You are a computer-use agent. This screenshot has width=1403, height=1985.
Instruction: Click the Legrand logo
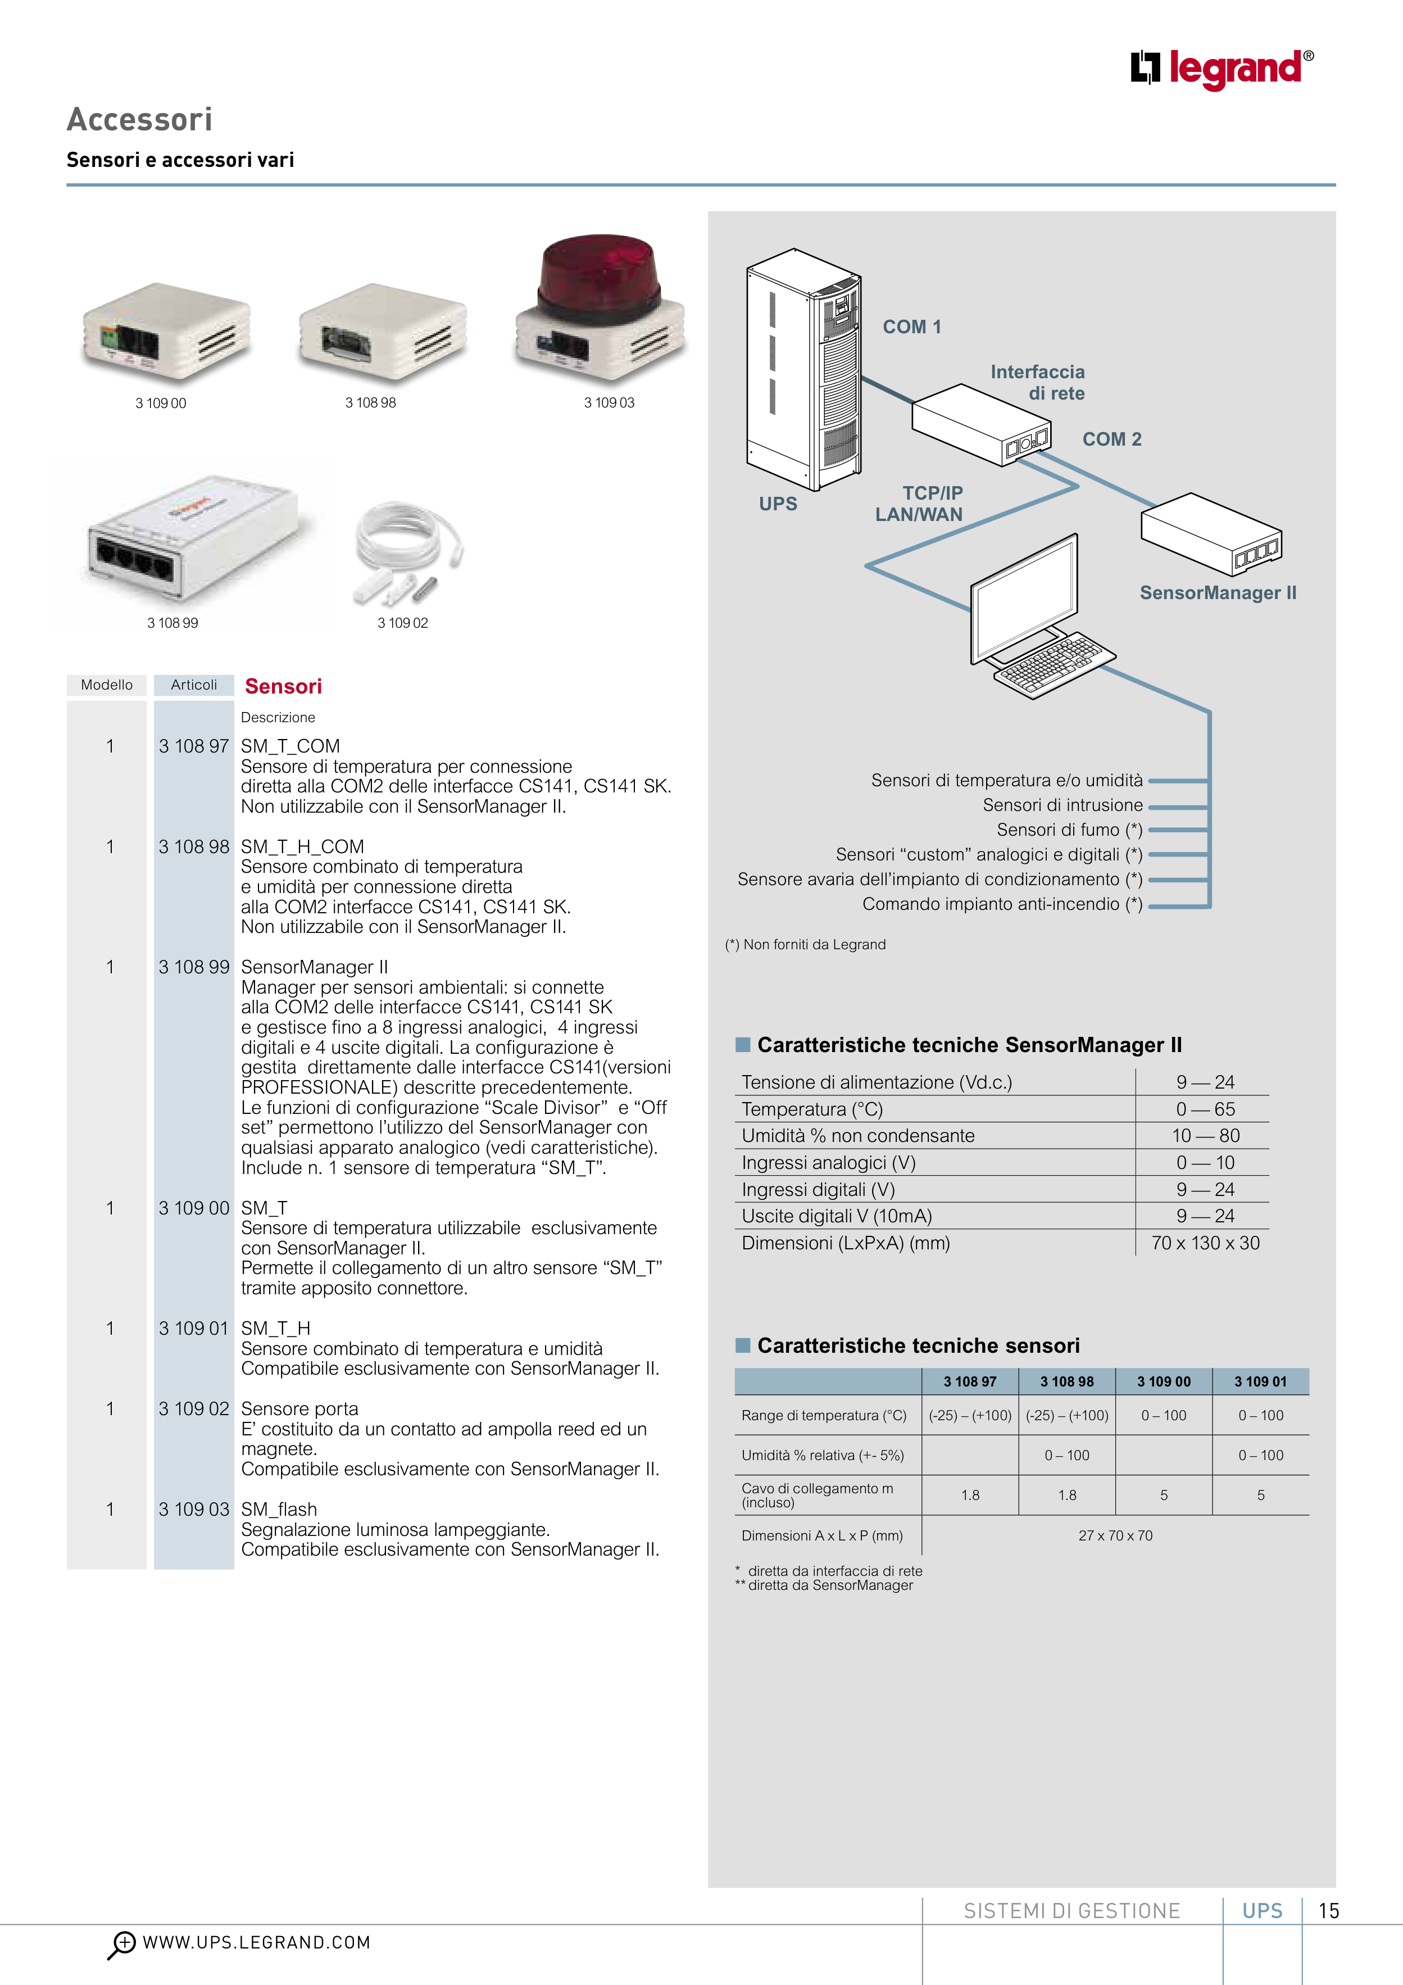coord(1220,69)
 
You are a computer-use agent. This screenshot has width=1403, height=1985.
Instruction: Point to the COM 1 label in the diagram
coord(911,327)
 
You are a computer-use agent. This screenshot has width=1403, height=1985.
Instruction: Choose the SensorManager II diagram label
coord(1217,593)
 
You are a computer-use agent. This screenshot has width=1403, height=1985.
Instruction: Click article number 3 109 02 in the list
coord(194,1408)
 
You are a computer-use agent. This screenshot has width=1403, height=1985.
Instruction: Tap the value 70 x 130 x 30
coord(1205,1243)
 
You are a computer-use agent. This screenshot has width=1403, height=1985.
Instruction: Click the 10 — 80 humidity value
coord(1205,1135)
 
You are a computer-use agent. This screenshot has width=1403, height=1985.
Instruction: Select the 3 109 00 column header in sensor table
coord(1164,1381)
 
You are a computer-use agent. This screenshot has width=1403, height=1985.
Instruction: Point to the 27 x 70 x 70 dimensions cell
coord(1115,1535)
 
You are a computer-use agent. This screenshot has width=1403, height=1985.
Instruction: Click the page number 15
coord(1329,1911)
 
